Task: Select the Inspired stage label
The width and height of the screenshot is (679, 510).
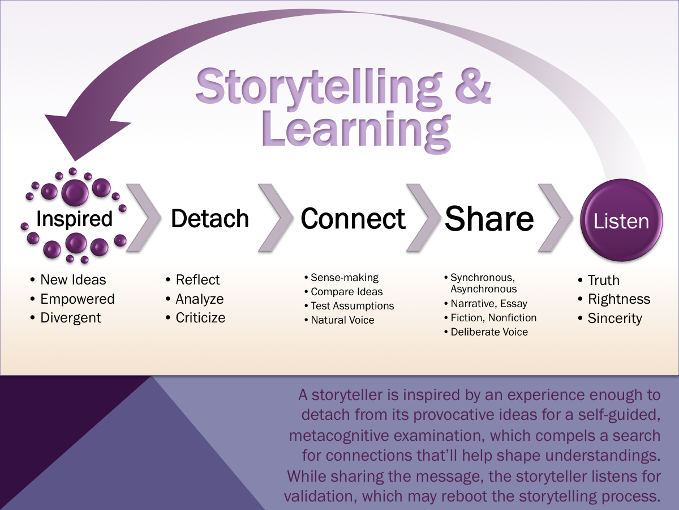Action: coord(74,219)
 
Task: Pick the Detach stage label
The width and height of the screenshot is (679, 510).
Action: coord(209,219)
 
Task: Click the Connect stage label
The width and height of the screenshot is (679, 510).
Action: coord(353,219)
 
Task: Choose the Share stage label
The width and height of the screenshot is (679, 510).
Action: coord(489,219)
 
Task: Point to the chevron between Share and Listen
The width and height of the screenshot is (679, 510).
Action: coord(554,217)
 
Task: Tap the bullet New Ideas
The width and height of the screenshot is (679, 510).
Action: coord(73,279)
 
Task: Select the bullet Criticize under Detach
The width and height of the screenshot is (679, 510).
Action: coord(200,318)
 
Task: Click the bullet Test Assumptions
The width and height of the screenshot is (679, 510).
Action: coord(352,306)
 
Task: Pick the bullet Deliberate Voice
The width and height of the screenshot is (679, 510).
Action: coord(489,332)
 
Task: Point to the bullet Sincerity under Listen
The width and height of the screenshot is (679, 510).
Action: coord(614,318)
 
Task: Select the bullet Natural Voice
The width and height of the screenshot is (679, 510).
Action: coord(342,320)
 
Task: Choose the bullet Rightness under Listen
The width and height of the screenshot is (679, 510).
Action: coord(619,299)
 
